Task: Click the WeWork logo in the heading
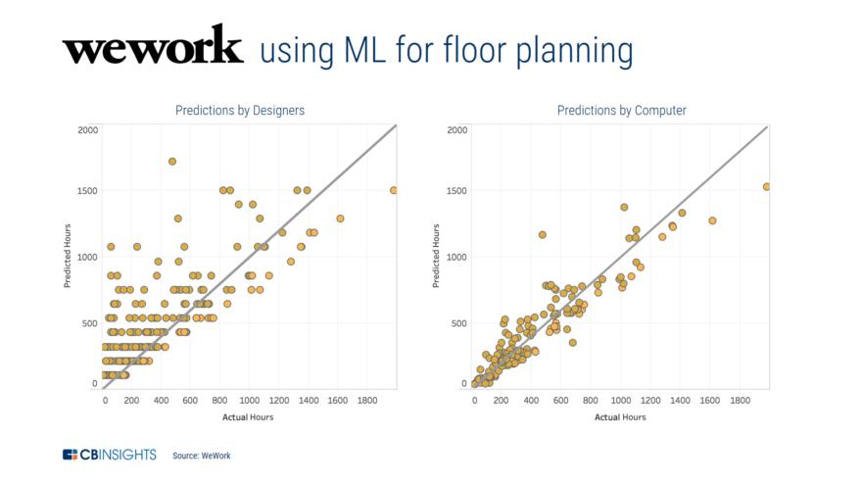point(152,47)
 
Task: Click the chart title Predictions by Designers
point(239,111)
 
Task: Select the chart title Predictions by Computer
point(621,111)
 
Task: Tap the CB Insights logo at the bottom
point(111,455)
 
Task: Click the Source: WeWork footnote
point(202,456)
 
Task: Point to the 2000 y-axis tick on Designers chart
point(87,129)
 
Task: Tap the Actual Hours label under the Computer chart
point(619,416)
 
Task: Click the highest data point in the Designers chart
point(172,162)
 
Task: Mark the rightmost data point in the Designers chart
point(394,190)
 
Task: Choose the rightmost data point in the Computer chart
point(767,187)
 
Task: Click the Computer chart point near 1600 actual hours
point(712,220)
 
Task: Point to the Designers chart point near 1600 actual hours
point(340,218)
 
